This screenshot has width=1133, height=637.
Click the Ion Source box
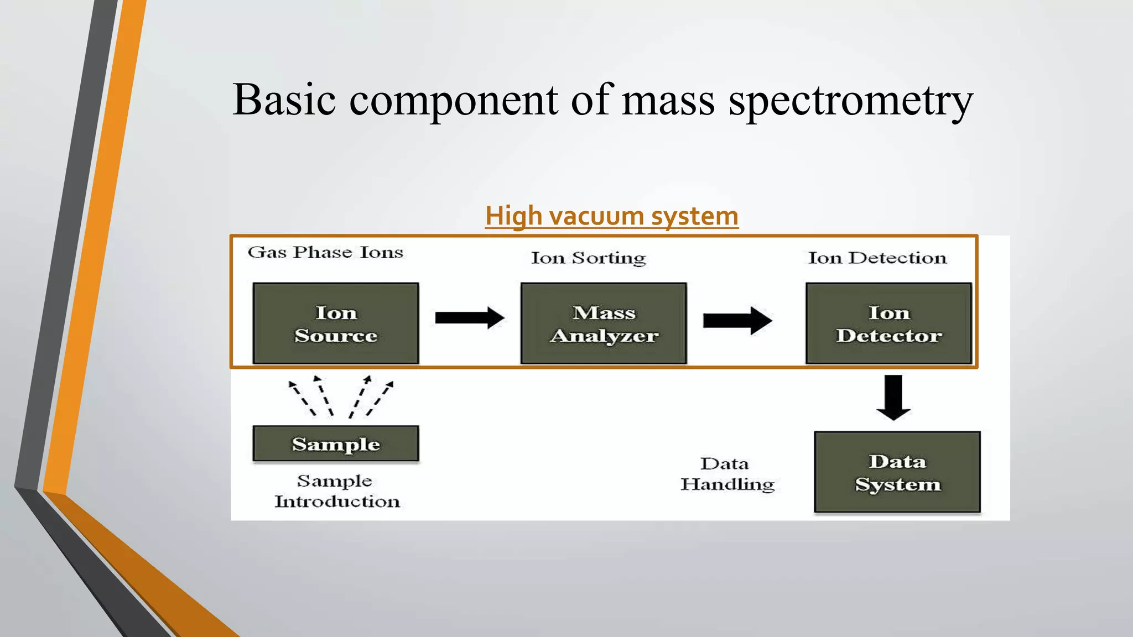(335, 323)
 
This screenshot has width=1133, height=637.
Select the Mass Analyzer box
(604, 323)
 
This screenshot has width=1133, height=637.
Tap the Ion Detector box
(888, 323)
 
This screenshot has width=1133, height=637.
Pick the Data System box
(897, 472)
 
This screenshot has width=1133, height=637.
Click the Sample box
(335, 443)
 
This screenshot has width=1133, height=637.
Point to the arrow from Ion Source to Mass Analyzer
(469, 318)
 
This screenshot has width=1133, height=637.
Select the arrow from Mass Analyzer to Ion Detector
(737, 320)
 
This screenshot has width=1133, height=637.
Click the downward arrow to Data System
(893, 397)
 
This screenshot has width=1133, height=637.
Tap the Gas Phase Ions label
(325, 252)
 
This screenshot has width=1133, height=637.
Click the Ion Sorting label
(588, 258)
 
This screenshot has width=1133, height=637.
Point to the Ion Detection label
(877, 258)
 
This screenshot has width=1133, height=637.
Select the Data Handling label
(726, 474)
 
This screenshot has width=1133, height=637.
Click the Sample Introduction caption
(336, 491)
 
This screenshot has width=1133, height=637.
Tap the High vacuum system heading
(611, 216)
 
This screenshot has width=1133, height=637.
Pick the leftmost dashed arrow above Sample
(302, 397)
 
